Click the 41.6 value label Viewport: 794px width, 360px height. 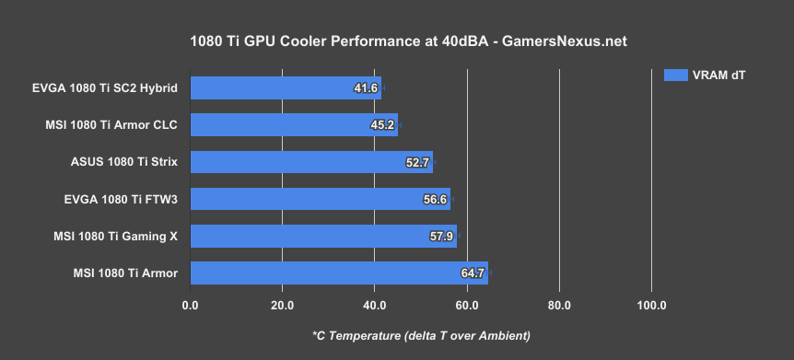366,88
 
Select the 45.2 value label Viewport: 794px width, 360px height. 382,125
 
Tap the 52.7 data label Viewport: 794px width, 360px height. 417,163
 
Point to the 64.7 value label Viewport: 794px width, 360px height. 473,273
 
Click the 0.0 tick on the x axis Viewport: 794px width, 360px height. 191,305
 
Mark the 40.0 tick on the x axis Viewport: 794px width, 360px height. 375,305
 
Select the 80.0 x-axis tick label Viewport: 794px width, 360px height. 559,305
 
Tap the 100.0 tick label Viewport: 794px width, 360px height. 651,305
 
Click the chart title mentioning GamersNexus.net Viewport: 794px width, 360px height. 396,41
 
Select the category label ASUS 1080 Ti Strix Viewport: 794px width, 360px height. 123,163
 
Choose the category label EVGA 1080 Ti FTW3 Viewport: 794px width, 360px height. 117,200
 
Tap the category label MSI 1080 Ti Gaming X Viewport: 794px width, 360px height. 115,237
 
